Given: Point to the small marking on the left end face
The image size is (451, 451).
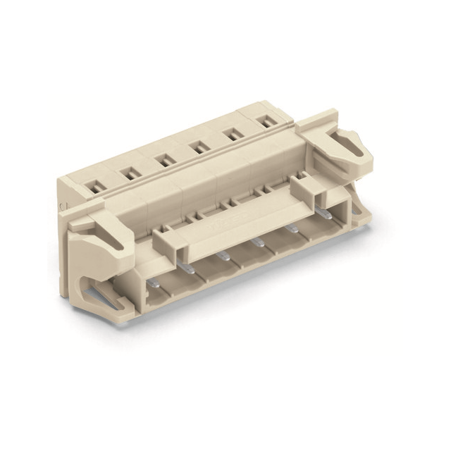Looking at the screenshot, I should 63,204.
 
